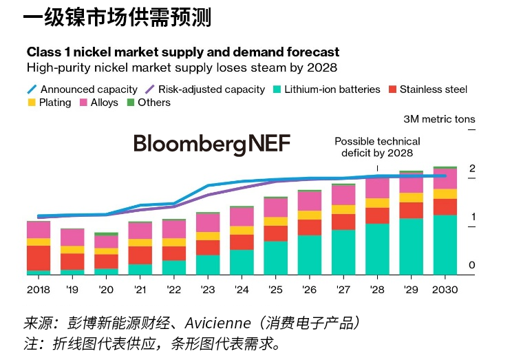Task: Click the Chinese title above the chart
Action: coord(117,17)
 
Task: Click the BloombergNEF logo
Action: coord(212,144)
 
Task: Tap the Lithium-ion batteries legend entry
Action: coord(332,89)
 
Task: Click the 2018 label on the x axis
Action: coord(39,290)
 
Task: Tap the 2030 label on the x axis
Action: coord(445,290)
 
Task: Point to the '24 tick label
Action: coord(242,290)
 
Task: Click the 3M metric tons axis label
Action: coord(439,119)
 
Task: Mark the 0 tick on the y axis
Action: coord(472,266)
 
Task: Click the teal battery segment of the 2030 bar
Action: coord(445,245)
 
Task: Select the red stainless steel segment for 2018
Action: coord(39,257)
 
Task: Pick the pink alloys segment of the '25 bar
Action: coord(275,207)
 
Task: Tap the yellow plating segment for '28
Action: coord(377,203)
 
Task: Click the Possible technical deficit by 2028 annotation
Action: coord(376,147)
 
